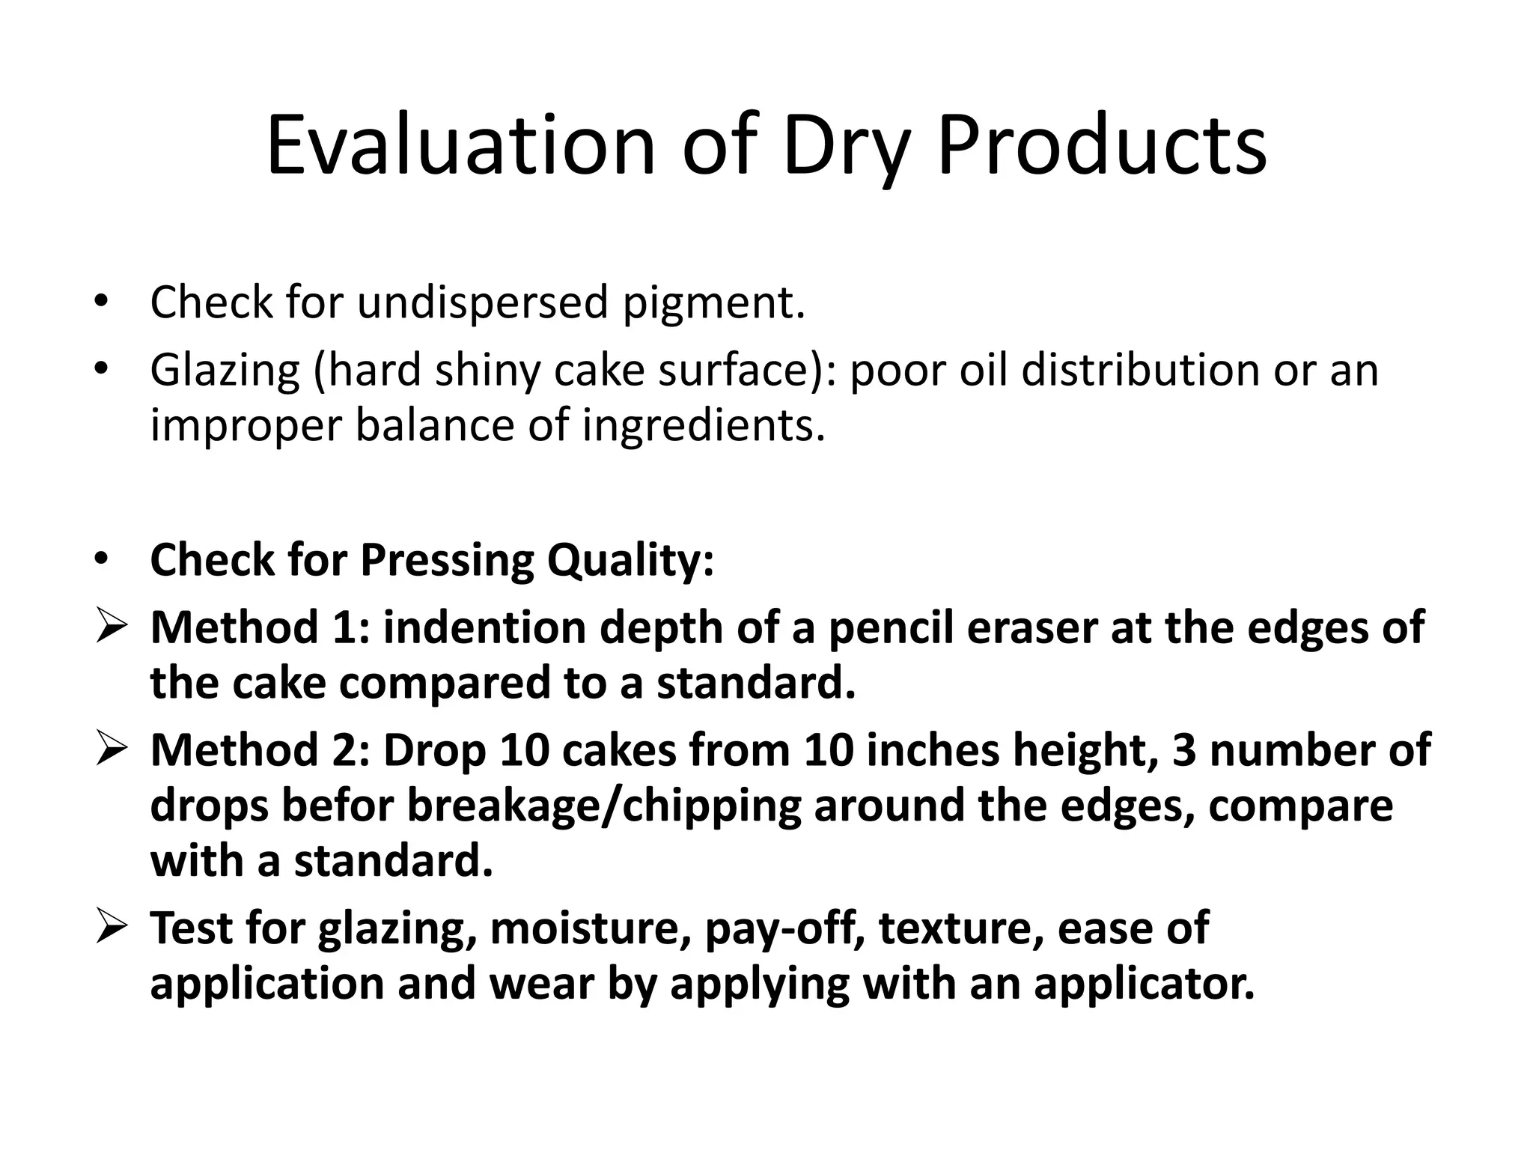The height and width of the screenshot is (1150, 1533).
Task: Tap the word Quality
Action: tap(630, 560)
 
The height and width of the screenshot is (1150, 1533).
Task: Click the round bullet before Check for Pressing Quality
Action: tap(102, 559)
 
